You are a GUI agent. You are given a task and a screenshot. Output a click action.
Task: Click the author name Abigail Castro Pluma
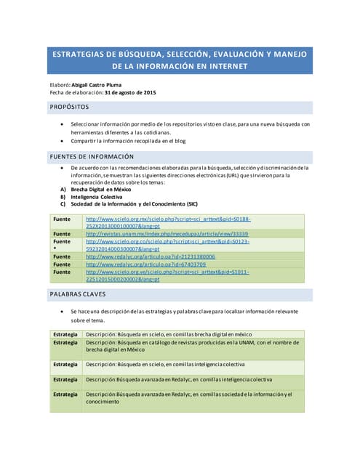(107, 84)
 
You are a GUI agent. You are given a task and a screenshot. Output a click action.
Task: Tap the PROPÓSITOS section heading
(69, 107)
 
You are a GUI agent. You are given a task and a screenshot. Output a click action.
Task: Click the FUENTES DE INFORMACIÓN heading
(91, 156)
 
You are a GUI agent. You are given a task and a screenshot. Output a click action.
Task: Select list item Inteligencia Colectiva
(101, 196)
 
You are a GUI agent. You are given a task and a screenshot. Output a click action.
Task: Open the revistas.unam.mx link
(166, 234)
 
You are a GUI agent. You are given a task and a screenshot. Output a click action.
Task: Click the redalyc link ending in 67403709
(145, 264)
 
